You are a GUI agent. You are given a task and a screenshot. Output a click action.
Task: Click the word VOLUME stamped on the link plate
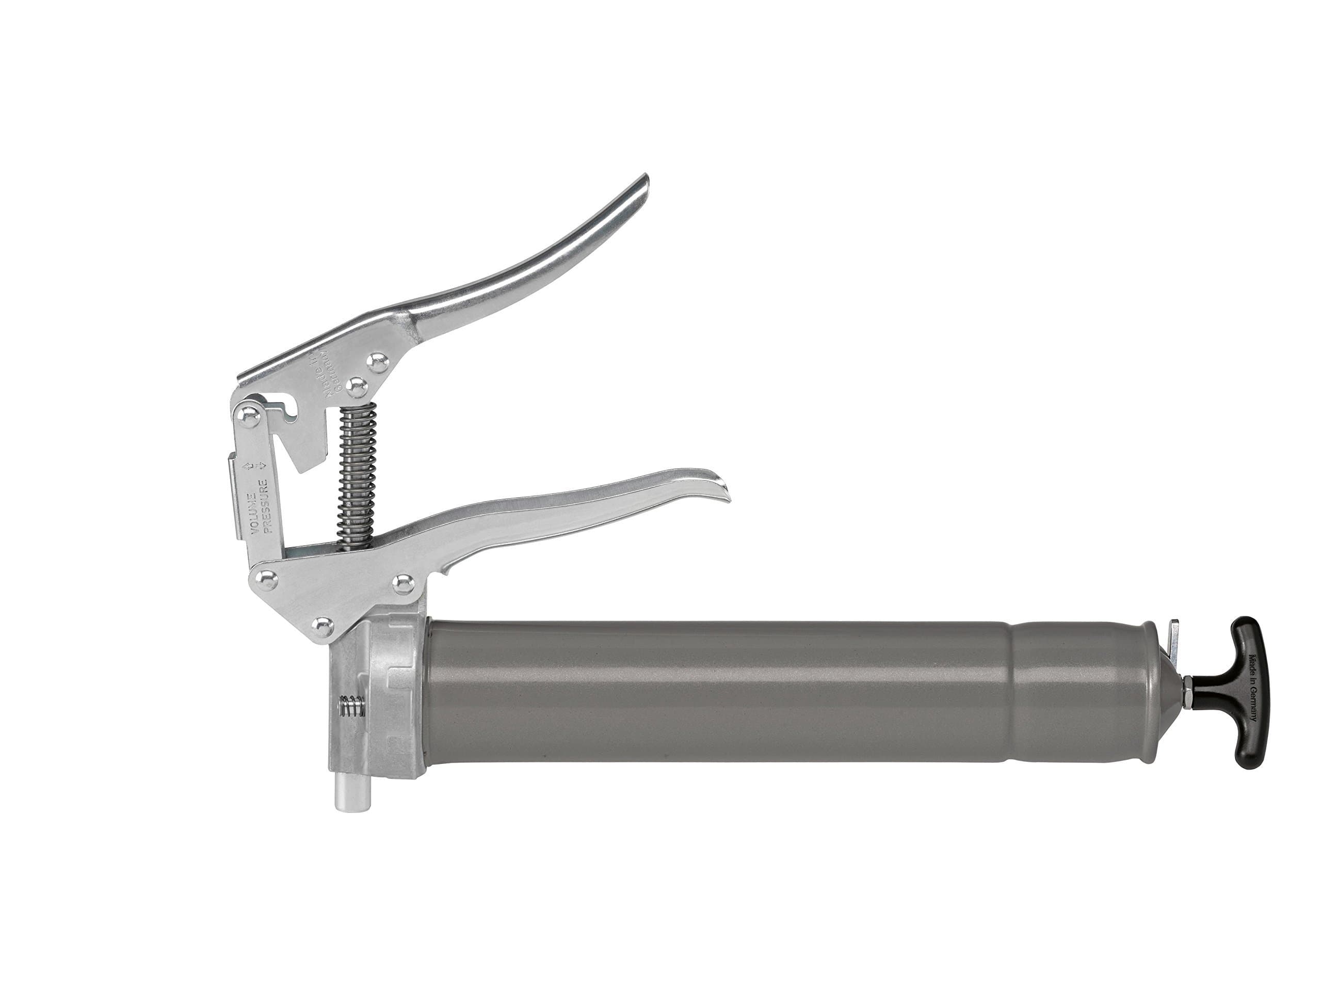click(x=254, y=513)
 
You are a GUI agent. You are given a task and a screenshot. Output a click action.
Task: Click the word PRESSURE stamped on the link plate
click(x=267, y=505)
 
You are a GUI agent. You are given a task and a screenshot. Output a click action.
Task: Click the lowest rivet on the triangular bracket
click(x=323, y=626)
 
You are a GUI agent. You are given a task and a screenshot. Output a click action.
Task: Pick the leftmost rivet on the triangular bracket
click(x=265, y=578)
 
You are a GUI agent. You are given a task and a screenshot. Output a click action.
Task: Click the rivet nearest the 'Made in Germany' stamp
click(x=357, y=387)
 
